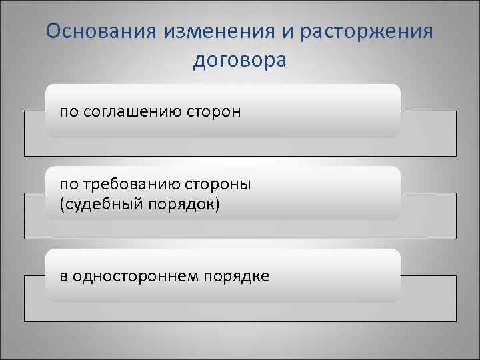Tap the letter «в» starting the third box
(x=63, y=276)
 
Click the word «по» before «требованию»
(x=68, y=184)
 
